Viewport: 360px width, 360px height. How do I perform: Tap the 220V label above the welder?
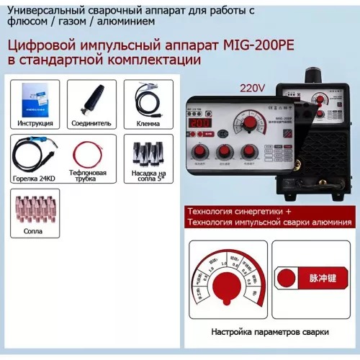(252, 89)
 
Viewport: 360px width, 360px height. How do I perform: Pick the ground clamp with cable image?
(146, 99)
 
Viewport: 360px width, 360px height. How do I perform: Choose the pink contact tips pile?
(35, 210)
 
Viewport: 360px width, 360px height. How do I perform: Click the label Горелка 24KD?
(34, 177)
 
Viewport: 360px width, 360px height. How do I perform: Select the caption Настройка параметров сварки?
(270, 333)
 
